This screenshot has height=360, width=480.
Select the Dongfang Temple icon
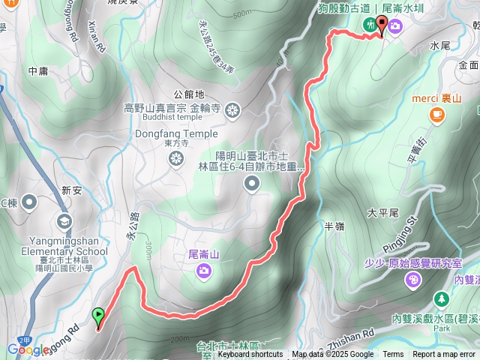(176, 157)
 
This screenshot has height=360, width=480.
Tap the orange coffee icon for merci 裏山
(436, 114)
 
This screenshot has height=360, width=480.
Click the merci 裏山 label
(436, 97)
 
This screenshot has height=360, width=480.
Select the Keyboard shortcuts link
(250, 355)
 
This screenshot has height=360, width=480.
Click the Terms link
(393, 355)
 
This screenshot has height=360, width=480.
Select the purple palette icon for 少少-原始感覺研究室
(412, 280)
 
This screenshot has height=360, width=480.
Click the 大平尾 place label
(382, 212)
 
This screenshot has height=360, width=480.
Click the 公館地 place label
(188, 94)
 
